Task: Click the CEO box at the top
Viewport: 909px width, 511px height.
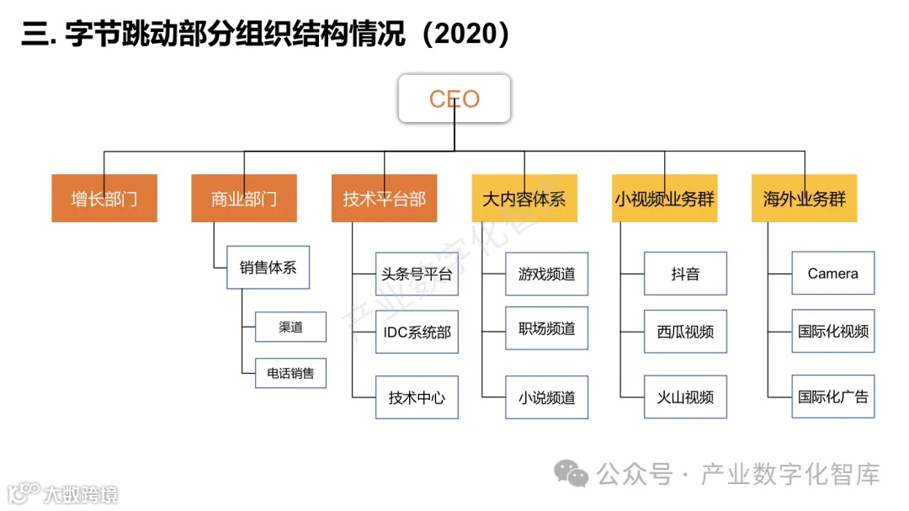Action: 454,99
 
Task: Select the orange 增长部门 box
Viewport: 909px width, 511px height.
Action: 104,199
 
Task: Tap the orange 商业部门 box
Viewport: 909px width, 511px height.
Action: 244,199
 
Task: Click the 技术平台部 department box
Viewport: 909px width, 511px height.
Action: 384,199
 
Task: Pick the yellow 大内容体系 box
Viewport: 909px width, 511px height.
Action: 524,199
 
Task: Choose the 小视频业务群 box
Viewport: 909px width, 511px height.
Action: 664,199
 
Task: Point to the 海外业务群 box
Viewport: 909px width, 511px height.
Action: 804,199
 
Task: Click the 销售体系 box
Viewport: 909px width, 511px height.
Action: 268,268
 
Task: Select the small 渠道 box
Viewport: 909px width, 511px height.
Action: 290,327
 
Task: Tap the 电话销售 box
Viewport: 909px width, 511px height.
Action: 290,373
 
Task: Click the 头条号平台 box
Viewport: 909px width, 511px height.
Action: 417,274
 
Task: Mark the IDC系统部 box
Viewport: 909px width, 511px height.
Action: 417,332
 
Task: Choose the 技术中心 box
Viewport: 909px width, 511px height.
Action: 417,397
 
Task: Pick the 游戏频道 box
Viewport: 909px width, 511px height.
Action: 546,274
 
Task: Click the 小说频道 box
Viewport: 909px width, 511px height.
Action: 546,397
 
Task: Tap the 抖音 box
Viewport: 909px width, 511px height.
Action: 685,274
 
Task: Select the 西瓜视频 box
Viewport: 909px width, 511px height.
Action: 685,332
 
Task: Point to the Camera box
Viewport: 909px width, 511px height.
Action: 832,274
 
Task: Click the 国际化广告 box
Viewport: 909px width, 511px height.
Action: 832,397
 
